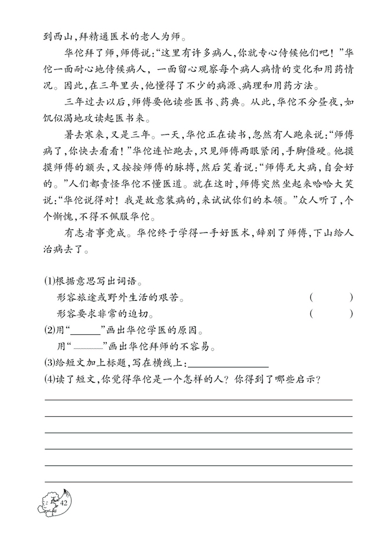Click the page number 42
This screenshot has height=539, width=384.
[64, 502]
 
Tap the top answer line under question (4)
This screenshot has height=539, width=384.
[198, 400]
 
